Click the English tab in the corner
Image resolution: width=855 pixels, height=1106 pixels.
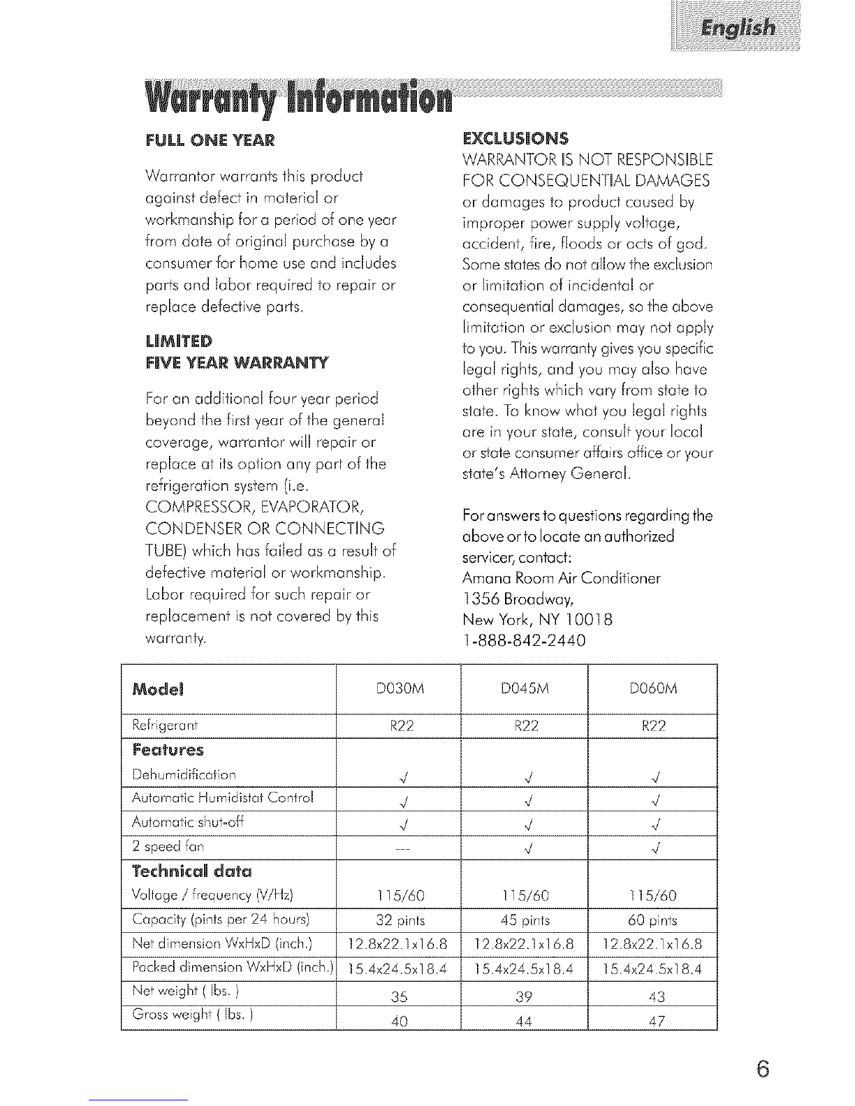coord(738,29)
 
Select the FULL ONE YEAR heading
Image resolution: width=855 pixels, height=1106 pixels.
coord(210,140)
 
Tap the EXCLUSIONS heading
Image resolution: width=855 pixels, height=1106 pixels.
coord(516,137)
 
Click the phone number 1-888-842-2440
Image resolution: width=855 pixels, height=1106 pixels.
coord(524,640)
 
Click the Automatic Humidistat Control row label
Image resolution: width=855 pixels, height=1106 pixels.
coord(223,797)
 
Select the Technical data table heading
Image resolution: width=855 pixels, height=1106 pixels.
coord(191,871)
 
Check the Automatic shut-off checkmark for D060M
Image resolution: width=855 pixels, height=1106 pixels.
coord(653,825)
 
